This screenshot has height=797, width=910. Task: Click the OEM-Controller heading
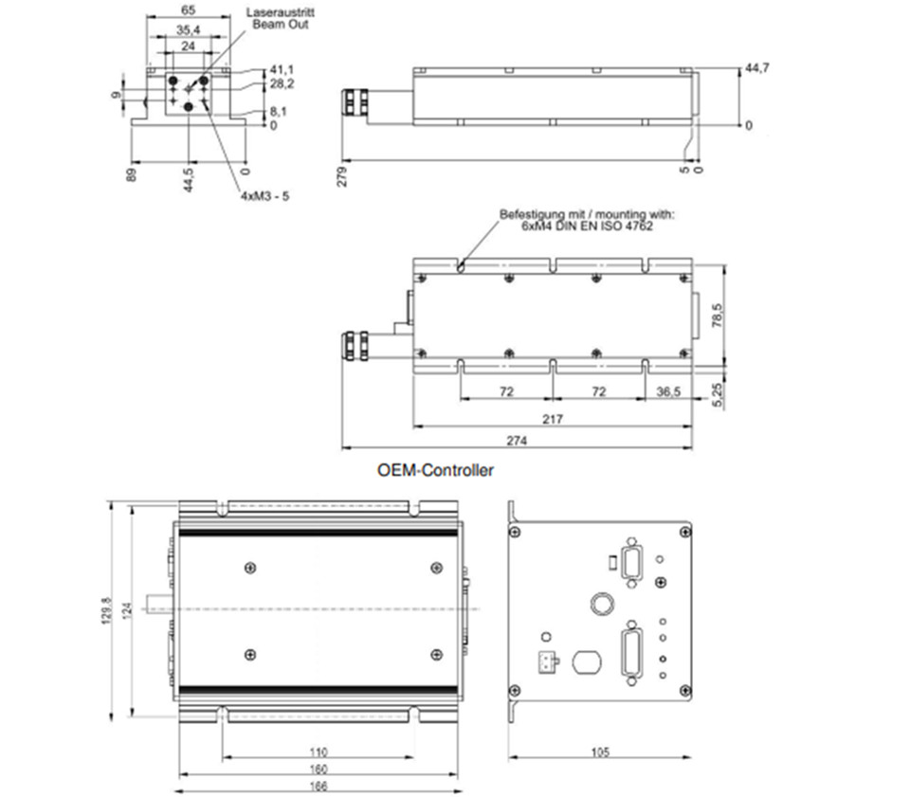click(435, 470)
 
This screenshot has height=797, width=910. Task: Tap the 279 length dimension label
click(342, 176)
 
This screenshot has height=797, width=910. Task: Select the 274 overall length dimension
click(517, 441)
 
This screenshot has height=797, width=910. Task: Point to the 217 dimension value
click(552, 419)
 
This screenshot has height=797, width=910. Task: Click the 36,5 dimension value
click(668, 392)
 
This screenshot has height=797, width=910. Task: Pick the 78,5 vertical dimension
click(718, 316)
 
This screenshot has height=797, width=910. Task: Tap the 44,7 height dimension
click(757, 68)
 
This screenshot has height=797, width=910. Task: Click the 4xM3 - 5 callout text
click(265, 196)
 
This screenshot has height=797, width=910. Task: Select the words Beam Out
click(281, 25)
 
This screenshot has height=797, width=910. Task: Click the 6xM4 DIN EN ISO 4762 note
click(587, 226)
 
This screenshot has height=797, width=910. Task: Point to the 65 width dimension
click(188, 9)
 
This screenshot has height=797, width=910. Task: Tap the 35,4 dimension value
click(188, 29)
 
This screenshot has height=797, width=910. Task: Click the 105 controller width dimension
click(600, 752)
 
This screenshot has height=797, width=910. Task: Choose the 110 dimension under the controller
click(318, 752)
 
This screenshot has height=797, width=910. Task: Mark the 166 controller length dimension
click(318, 786)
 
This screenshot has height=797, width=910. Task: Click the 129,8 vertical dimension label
click(107, 610)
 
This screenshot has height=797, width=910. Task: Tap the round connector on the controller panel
click(602, 604)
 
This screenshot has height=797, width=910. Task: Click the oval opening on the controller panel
click(587, 661)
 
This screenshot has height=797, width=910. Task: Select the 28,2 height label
click(282, 84)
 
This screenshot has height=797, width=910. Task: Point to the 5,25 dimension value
click(718, 395)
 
